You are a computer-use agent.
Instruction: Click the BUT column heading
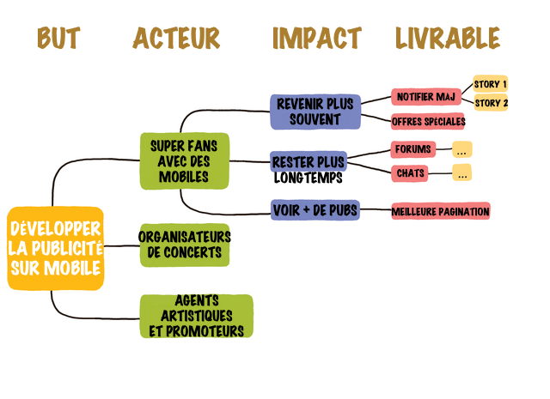coord(59,38)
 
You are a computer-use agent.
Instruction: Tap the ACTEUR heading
coord(176,38)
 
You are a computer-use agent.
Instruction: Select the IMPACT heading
coord(317,38)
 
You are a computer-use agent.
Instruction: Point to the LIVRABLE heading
coord(448,38)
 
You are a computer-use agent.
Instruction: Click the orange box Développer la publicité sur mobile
coord(55,248)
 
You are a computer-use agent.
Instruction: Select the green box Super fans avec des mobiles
coord(185,161)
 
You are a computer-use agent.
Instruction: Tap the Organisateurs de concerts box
coord(185,245)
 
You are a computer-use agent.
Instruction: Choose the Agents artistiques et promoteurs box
coord(197,317)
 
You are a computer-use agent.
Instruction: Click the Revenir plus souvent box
coord(315,112)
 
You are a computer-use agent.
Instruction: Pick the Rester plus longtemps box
coord(309,162)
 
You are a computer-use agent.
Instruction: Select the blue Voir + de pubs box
coord(315,210)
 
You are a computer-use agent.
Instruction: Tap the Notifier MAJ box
coord(426,97)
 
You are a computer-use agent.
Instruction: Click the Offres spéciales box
coord(428,122)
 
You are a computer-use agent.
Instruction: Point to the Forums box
coord(413,149)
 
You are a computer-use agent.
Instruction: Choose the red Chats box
coord(410,173)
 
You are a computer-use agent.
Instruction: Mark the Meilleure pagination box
coord(441,211)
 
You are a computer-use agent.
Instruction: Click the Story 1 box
coord(491,84)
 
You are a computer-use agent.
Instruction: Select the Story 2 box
coord(491,103)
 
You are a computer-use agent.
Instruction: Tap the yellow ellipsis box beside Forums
coord(462,149)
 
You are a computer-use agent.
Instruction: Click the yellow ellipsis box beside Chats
coord(462,172)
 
